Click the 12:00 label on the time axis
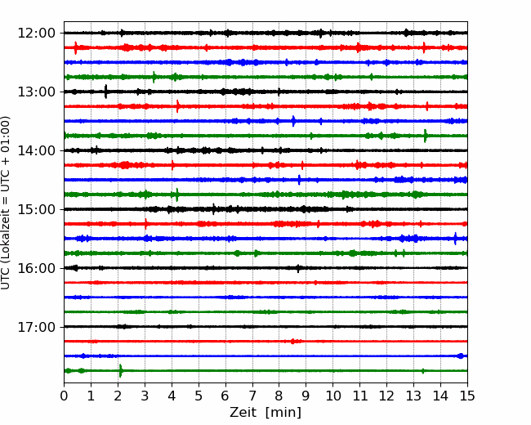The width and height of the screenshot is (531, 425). [36, 34]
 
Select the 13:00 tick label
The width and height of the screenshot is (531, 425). [36, 92]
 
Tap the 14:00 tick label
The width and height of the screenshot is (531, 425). [36, 150]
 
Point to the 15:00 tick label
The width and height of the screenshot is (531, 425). [36, 209]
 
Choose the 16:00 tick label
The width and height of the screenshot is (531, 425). [36, 268]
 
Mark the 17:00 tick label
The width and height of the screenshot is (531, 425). [36, 327]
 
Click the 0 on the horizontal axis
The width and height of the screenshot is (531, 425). [64, 396]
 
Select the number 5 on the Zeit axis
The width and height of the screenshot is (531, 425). [199, 396]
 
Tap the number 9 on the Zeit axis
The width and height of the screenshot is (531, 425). [306, 396]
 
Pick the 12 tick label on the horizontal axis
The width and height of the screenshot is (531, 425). [386, 396]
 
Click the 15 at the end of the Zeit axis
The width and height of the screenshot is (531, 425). [467, 396]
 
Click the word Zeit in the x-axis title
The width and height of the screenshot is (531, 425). [244, 412]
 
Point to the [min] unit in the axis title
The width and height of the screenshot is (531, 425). [283, 413]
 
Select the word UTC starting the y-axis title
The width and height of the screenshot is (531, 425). [5, 280]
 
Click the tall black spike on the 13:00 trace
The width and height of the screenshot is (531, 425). [106, 92]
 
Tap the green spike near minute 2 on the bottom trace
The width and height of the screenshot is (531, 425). [121, 371]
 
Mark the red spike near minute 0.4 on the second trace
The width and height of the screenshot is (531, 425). [75, 47]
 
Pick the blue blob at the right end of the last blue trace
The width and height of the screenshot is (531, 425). [461, 356]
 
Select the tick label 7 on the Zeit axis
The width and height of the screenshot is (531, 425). [252, 396]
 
